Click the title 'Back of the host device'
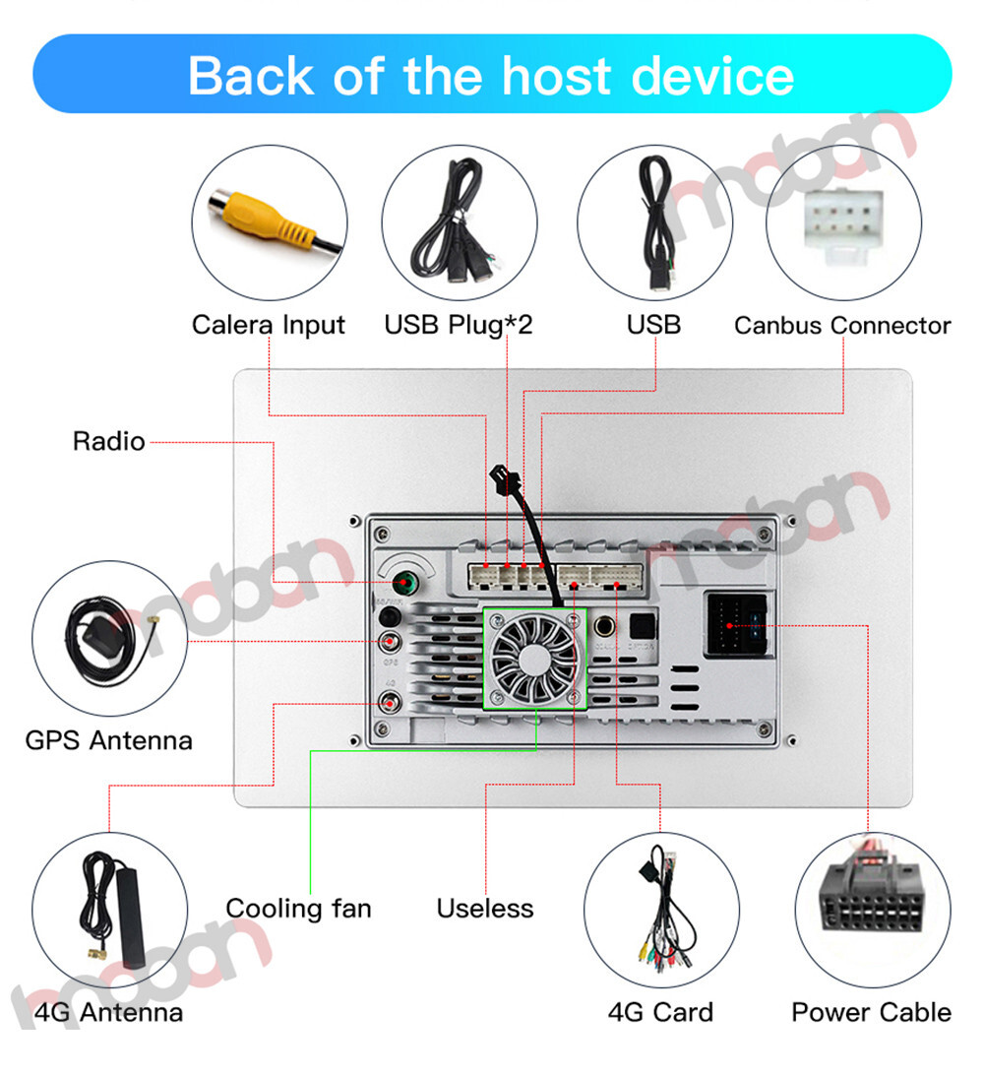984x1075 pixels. (491, 76)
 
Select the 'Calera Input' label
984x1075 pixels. (269, 325)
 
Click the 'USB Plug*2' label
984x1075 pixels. (459, 325)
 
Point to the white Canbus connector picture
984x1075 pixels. (843, 221)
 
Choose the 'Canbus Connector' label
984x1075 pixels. (842, 325)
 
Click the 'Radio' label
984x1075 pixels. (108, 441)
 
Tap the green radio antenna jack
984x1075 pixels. (401, 585)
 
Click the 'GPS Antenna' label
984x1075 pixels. (108, 740)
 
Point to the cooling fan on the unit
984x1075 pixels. (535, 658)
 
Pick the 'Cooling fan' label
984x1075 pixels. (298, 908)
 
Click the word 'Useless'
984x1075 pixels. (485, 908)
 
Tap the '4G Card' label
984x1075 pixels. (660, 1012)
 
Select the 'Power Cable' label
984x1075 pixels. (871, 1012)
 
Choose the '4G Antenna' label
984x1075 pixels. (108, 1012)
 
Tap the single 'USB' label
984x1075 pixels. (653, 325)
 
